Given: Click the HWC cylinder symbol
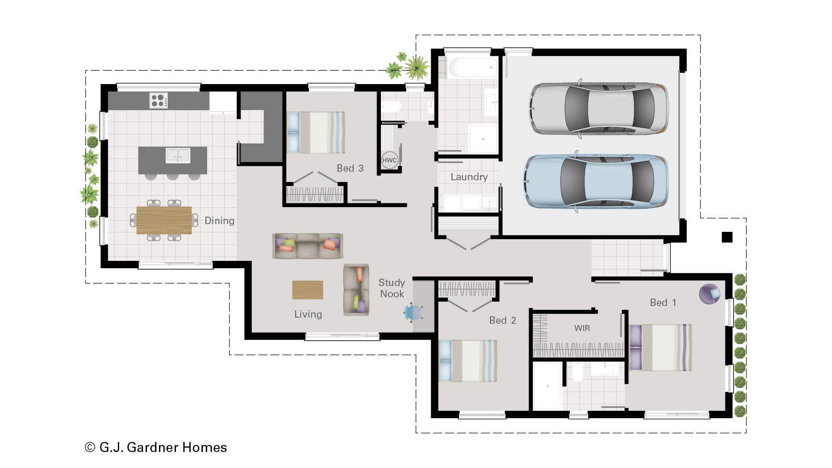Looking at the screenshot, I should click(x=389, y=160).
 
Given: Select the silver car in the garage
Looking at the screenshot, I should click(x=598, y=108).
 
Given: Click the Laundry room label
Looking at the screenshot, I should click(x=469, y=177).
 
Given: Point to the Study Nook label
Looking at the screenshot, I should click(x=392, y=288).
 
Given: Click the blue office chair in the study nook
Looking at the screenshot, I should click(x=413, y=312).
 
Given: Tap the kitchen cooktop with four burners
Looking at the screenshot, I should click(x=159, y=101).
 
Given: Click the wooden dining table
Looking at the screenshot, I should click(x=164, y=220).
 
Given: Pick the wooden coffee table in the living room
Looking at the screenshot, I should click(x=307, y=290).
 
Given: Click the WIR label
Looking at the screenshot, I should click(x=582, y=328).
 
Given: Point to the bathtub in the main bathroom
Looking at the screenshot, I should click(x=473, y=68).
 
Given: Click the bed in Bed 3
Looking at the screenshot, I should click(x=316, y=132).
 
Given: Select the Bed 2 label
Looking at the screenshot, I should click(x=502, y=320).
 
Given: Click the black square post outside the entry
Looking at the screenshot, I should click(x=727, y=237).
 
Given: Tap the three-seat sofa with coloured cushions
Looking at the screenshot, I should click(x=308, y=246).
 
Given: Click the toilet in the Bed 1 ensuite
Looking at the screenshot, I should click(x=577, y=373).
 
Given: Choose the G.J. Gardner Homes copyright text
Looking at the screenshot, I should click(x=156, y=447).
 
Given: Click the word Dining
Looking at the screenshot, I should click(x=219, y=221).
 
